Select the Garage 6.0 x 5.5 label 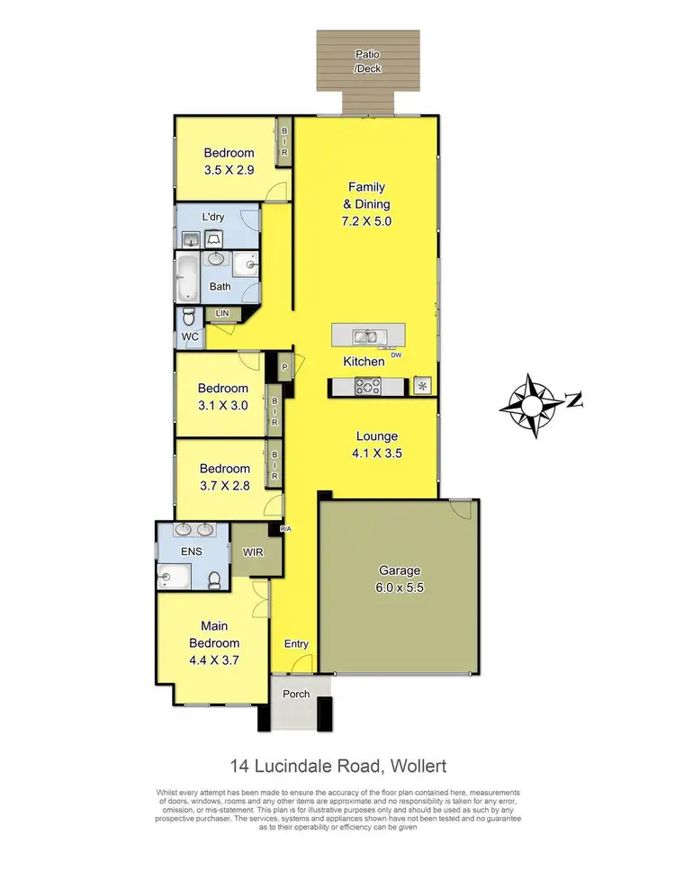[x=399, y=579]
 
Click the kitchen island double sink [x=366, y=337]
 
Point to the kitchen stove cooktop [x=367, y=386]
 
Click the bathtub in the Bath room [x=188, y=278]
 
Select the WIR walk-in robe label [x=252, y=552]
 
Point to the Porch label [x=296, y=694]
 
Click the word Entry [x=296, y=643]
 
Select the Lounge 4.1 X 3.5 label [x=376, y=444]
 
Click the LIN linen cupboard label [x=222, y=313]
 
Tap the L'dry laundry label [x=212, y=217]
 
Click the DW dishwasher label [x=395, y=354]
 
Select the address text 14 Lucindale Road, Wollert [x=337, y=767]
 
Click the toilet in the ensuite [x=216, y=579]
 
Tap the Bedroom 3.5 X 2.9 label [x=229, y=160]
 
